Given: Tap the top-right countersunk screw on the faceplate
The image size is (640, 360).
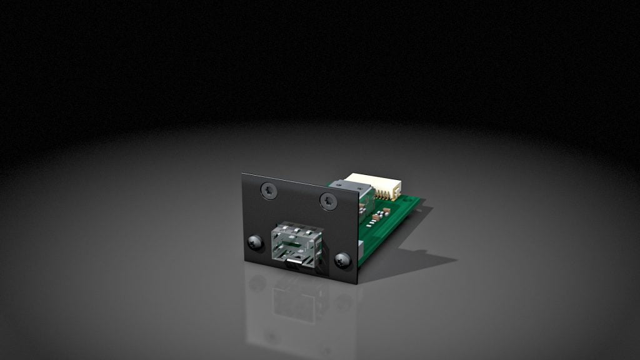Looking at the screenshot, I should point(329,201).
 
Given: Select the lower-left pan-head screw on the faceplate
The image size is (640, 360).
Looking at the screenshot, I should point(254,242).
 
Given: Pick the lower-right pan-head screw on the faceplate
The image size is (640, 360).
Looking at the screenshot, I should point(342,260).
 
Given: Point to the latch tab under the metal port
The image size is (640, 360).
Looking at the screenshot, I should point(293,264).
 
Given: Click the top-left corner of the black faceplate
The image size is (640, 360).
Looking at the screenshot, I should point(243,174).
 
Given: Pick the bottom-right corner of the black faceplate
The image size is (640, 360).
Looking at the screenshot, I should point(357,283).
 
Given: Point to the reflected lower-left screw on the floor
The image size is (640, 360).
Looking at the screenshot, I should point(255,284).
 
